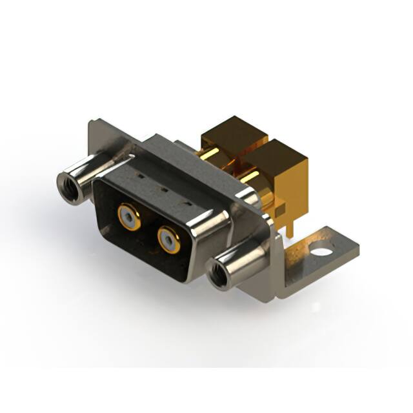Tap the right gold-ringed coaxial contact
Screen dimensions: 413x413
(x=168, y=239)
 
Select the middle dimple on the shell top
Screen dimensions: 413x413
(x=163, y=189)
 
